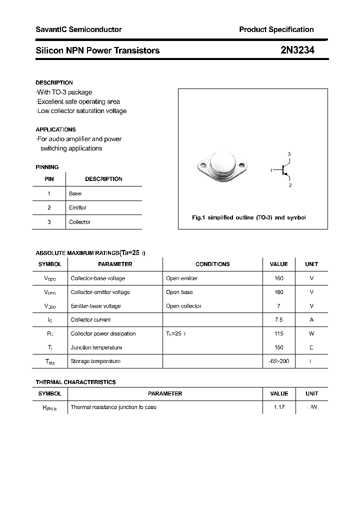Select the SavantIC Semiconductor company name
pos(78,29)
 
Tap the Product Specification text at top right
pos(276,29)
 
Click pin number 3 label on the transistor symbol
pos(289,154)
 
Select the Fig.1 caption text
pos(249,217)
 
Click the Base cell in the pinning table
pos(75,193)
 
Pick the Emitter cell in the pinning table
pos(77,207)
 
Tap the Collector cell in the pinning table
pos(79,222)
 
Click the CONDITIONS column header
pos(212,264)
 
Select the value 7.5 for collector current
pos(278,319)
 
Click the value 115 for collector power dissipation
pos(278,333)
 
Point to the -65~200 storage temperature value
pos(278,361)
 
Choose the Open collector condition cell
pos(183,306)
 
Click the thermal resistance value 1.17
pos(279,407)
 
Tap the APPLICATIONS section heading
pos(55,129)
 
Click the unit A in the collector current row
pos(311,319)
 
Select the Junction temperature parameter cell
pos(96,347)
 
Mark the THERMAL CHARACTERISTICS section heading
pos(75,382)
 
